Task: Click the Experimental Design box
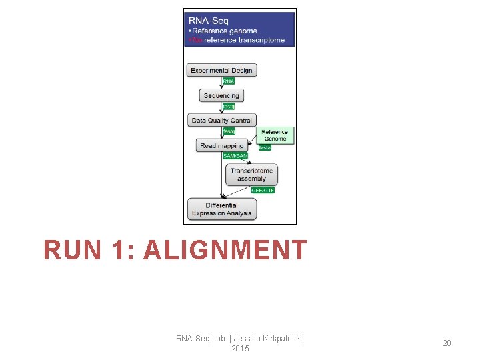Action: tap(221, 70)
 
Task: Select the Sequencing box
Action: tap(221, 95)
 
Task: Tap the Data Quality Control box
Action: tap(221, 121)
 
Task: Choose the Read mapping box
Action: tap(222, 145)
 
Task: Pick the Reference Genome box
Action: tap(275, 135)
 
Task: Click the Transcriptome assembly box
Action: tap(251, 175)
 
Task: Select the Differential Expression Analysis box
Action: tap(221, 209)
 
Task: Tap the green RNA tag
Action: tap(229, 81)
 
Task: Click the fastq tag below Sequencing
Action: tap(229, 107)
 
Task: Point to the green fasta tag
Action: tap(265, 147)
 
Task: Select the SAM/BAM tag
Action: tap(235, 156)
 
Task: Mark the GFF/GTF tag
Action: tap(263, 190)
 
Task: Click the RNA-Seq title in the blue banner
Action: tap(209, 21)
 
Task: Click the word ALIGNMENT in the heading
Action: tap(225, 250)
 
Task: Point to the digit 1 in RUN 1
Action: tap(120, 250)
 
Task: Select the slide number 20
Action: tap(447, 343)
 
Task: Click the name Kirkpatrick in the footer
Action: tap(275, 339)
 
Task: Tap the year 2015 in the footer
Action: tap(240, 349)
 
